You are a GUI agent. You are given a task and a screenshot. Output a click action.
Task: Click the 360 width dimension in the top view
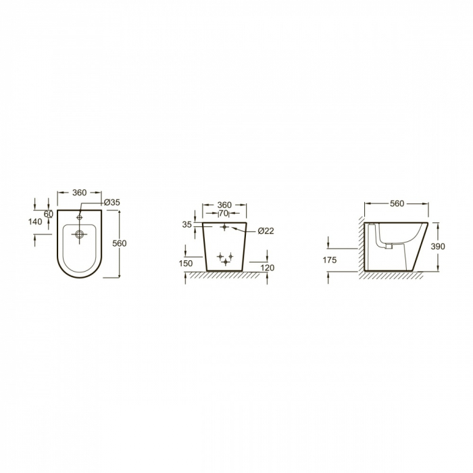pos(80,193)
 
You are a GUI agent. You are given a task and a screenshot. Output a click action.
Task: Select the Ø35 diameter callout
pos(112,203)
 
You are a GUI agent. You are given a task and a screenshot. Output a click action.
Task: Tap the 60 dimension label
pos(49,214)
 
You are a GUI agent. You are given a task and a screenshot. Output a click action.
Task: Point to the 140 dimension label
pos(35,222)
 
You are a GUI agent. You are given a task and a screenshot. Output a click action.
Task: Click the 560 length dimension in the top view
pos(120,243)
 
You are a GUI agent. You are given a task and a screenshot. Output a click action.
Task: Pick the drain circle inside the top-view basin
pos(80,234)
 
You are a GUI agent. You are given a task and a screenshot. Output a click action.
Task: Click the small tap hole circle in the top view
pos(80,217)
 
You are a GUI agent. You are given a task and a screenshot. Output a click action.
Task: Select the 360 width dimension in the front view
pos(224,205)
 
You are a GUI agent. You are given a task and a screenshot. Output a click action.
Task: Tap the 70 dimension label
pos(224,214)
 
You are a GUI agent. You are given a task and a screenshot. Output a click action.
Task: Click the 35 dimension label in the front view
pos(187,225)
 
